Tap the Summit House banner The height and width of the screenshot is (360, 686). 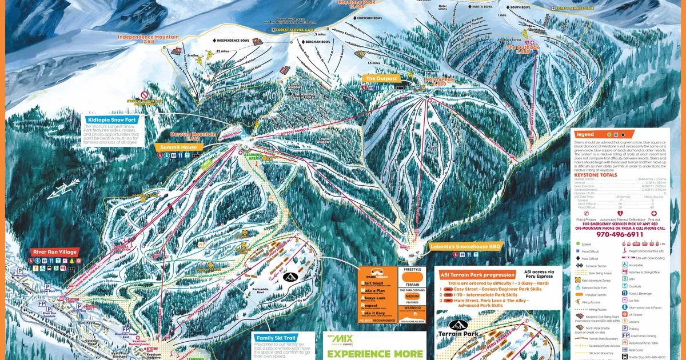tap(178, 147)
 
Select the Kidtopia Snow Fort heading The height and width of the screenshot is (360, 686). tap(111, 121)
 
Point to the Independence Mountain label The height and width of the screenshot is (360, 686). tap(148, 38)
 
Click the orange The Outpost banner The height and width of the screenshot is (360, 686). tap(381, 78)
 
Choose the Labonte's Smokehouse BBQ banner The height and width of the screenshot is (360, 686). tap(466, 246)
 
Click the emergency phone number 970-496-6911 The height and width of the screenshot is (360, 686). tap(620, 234)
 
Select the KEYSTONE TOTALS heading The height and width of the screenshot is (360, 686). tap(595, 175)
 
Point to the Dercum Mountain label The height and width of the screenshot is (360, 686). tap(193, 135)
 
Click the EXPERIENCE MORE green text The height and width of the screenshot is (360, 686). tap(375, 353)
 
